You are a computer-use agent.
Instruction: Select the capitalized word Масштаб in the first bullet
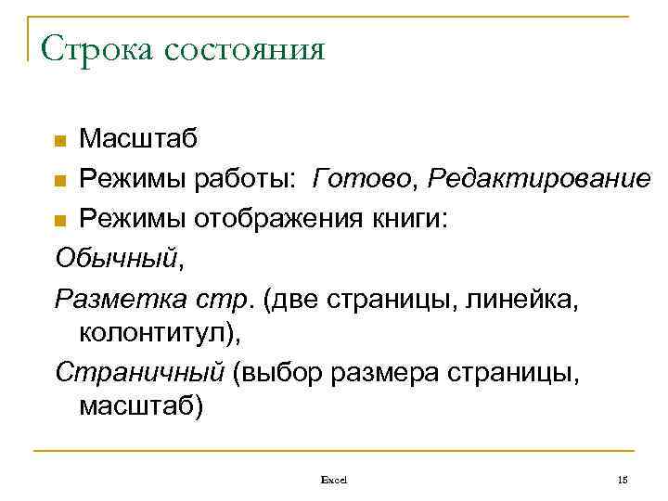click(137, 139)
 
